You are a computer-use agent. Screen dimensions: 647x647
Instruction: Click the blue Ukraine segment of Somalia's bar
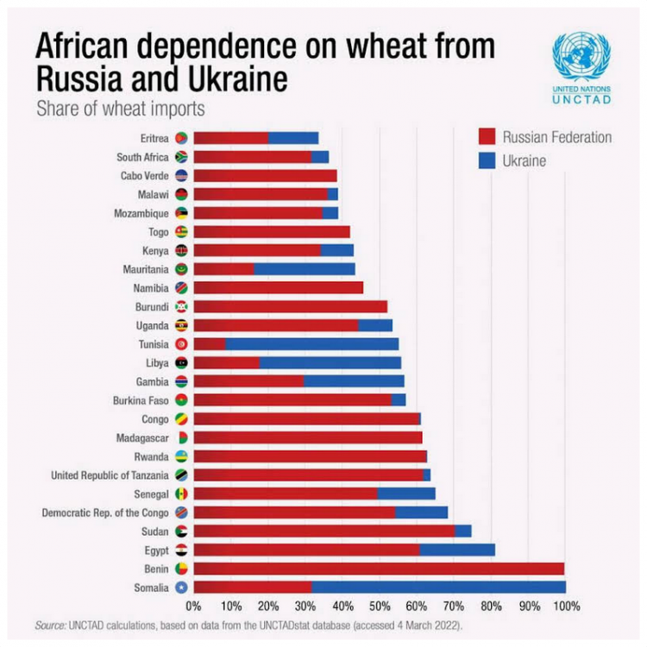(438, 587)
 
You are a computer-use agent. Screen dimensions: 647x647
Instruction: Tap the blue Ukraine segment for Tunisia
(311, 343)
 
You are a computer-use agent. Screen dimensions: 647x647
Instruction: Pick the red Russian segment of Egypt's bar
(306, 550)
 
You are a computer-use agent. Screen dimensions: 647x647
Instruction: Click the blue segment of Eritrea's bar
(293, 138)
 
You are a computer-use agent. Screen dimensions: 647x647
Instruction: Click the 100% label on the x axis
(565, 606)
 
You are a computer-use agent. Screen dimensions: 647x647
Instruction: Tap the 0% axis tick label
(193, 606)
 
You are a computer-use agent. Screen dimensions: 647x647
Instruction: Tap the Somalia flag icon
(181, 587)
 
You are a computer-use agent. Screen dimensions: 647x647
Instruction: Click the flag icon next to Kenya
(181, 250)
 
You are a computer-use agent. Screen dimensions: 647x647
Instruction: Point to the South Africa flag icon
(181, 157)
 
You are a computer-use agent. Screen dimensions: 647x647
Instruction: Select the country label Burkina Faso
(141, 400)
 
